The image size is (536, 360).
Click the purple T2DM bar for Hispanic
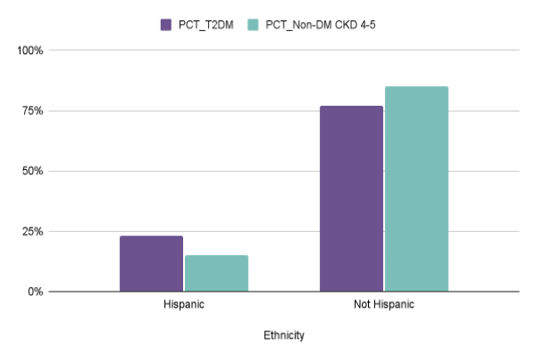pyautogui.click(x=151, y=264)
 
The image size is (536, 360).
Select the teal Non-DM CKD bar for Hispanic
pyautogui.click(x=216, y=274)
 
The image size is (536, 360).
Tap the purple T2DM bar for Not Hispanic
pyautogui.click(x=351, y=199)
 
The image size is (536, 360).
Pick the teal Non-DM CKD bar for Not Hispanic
pyautogui.click(x=416, y=189)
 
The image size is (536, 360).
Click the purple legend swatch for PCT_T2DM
pyautogui.click(x=166, y=24)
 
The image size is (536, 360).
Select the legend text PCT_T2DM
pyautogui.click(x=206, y=24)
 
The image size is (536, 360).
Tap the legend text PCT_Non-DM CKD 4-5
pyautogui.click(x=316, y=24)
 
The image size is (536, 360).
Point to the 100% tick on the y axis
pyautogui.click(x=31, y=51)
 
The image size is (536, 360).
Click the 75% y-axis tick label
pyautogui.click(x=33, y=111)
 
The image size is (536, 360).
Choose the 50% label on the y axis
pyautogui.click(x=33, y=171)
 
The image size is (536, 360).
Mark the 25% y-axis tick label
pyautogui.click(x=33, y=231)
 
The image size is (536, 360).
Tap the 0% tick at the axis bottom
pyautogui.click(x=36, y=292)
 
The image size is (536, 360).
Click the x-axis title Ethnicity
pyautogui.click(x=284, y=336)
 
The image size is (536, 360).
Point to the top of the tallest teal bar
pyautogui.click(x=416, y=87)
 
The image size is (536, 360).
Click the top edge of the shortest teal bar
pyautogui.click(x=216, y=256)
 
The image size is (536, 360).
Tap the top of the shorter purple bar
pyautogui.click(x=151, y=236)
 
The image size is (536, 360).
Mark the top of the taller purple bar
pyautogui.click(x=351, y=107)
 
